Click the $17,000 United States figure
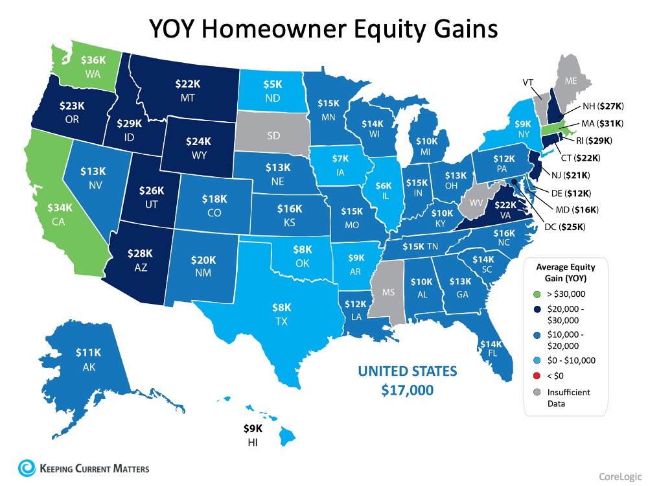[408, 391]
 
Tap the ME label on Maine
[570, 81]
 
